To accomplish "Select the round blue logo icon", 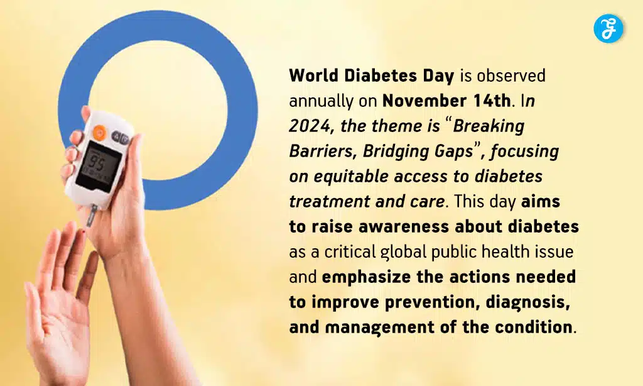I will tap(608, 29).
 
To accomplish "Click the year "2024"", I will tap(309, 126).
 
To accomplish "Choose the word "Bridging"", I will tap(396, 152).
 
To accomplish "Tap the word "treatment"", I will tap(320, 201).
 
